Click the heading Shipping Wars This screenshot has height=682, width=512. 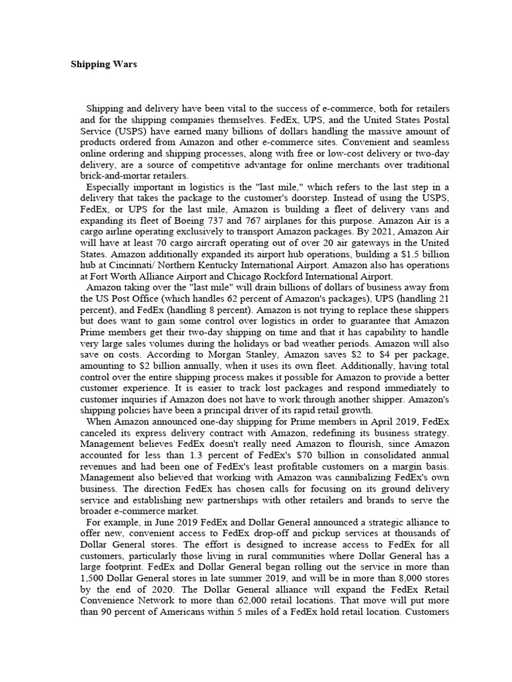click(104, 65)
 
